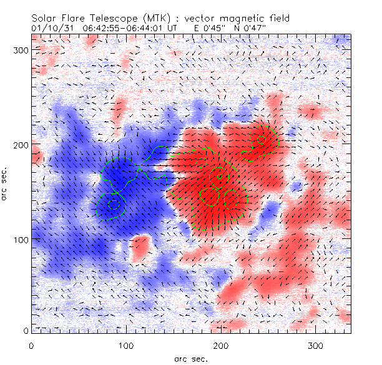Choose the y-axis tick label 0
tap(25, 330)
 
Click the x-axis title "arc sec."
tap(190, 358)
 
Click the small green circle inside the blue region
tap(113, 203)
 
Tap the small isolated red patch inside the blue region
tap(141, 246)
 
